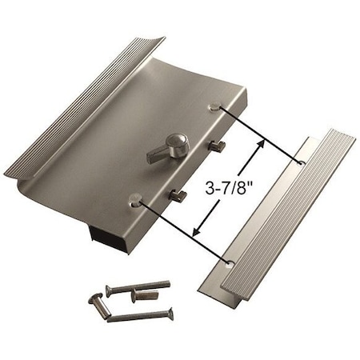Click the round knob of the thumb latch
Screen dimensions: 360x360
click(x=178, y=143)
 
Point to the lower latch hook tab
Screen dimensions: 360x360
click(x=178, y=194)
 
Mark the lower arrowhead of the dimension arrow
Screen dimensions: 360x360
click(x=197, y=234)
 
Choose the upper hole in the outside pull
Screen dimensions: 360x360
click(x=302, y=163)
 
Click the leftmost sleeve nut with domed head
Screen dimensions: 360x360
click(x=94, y=301)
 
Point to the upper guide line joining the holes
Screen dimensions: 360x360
click(x=260, y=135)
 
